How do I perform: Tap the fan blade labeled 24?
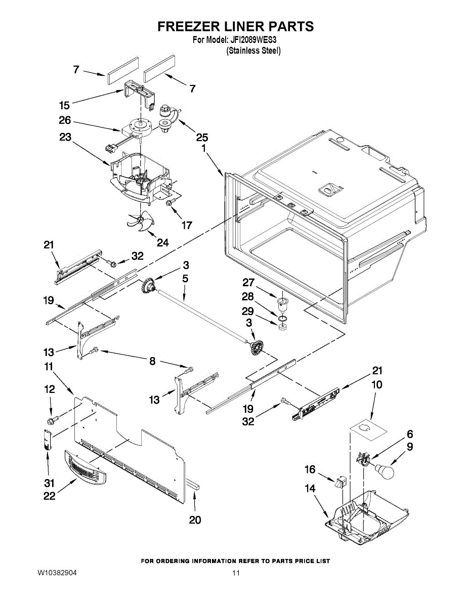click(x=139, y=222)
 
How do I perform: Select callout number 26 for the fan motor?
click(x=64, y=121)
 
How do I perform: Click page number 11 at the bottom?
click(x=236, y=573)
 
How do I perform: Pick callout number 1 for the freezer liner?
click(x=203, y=149)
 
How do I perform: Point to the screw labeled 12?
click(x=52, y=419)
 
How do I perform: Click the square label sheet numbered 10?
click(x=369, y=429)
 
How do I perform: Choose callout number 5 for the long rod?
click(x=185, y=279)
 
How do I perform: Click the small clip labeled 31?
click(x=47, y=439)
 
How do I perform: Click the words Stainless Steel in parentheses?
click(x=253, y=51)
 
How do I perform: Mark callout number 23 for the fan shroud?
click(x=64, y=137)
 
